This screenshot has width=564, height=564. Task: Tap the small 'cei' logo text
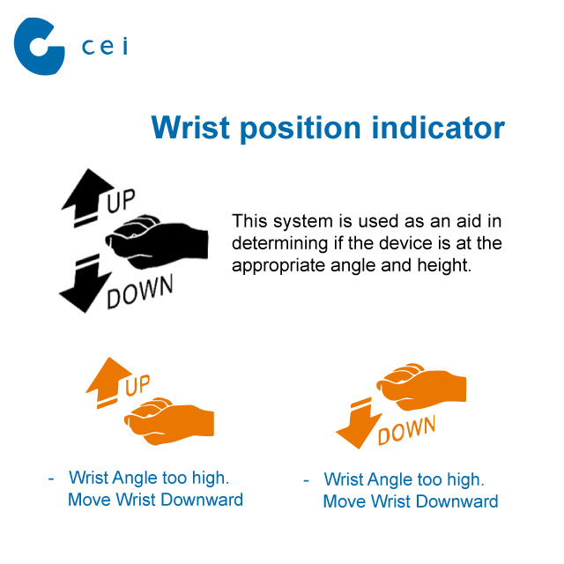(x=105, y=47)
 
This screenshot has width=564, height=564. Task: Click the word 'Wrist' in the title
(x=190, y=127)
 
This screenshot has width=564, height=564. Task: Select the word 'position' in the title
(x=301, y=130)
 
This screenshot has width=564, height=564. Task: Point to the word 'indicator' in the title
(x=438, y=127)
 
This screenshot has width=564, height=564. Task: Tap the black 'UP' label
(x=121, y=200)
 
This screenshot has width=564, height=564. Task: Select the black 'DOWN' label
(x=140, y=292)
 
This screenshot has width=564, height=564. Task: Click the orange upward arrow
(x=108, y=382)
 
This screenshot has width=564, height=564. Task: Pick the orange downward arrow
(x=359, y=424)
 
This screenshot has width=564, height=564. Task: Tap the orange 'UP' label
(x=137, y=385)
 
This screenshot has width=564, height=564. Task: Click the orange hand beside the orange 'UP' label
(x=170, y=421)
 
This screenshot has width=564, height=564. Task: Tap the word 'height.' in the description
(x=444, y=265)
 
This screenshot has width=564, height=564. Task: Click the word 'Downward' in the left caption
(x=202, y=500)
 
